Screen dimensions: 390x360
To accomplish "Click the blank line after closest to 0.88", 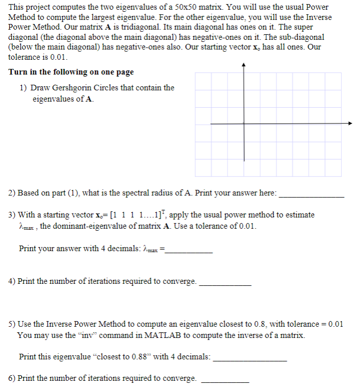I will coord(250,360).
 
